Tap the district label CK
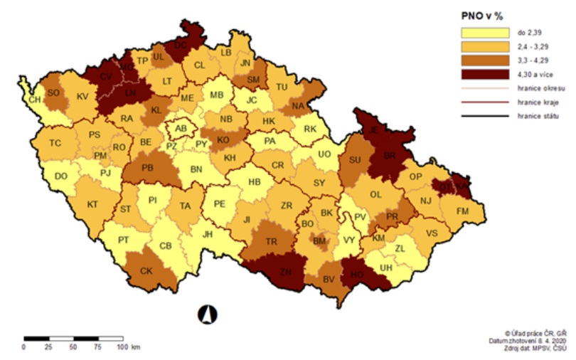pyautogui.click(x=146, y=271)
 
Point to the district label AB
pyautogui.click(x=181, y=129)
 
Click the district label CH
pyautogui.click(x=35, y=100)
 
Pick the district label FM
pyautogui.click(x=463, y=211)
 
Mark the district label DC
pyautogui.click(x=181, y=45)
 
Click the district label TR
pyautogui.click(x=271, y=242)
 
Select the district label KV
pyautogui.click(x=82, y=96)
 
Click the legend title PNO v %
pyautogui.click(x=478, y=14)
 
